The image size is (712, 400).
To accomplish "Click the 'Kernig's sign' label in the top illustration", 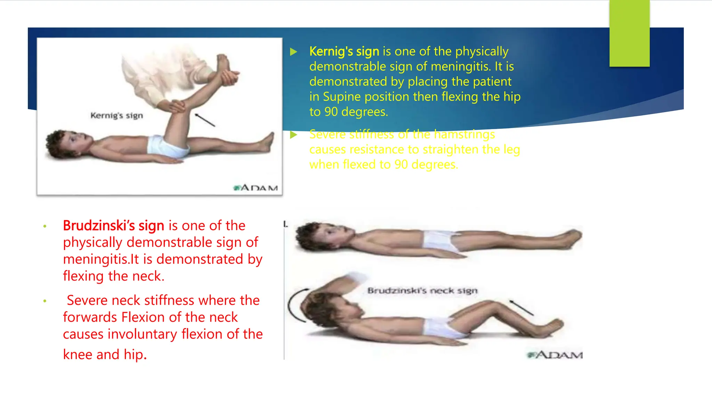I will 116,115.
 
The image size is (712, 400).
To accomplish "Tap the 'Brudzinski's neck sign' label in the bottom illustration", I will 422,290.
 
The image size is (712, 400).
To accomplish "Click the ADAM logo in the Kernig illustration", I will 256,188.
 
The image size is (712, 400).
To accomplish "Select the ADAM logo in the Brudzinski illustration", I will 555,355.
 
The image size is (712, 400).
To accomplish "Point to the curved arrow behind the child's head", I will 296,306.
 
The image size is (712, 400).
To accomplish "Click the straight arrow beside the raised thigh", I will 205,120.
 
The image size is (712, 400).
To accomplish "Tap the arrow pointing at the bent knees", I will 521,308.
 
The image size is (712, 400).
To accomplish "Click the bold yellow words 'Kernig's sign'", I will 344,51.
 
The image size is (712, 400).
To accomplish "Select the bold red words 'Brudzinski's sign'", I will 113,226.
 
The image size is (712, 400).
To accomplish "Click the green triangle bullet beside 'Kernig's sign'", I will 294,52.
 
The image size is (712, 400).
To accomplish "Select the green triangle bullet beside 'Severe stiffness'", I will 294,135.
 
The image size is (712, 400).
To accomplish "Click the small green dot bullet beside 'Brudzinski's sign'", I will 45,227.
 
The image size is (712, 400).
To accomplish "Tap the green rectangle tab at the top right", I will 629,33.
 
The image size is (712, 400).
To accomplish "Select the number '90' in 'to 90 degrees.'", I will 331,112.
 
